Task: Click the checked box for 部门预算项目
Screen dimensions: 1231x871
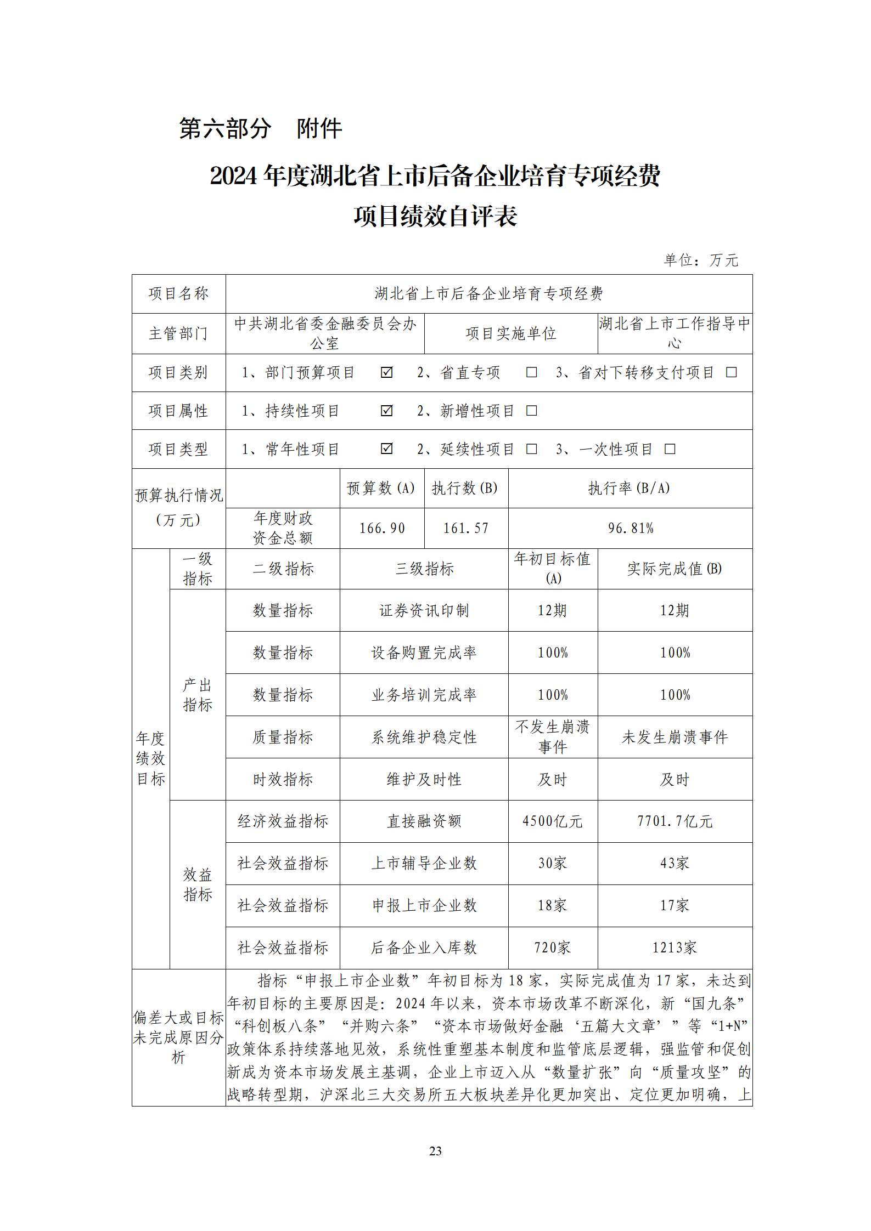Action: (x=386, y=372)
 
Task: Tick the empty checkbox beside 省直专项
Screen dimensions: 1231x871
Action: (x=531, y=372)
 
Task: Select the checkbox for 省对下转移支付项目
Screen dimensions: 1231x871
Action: (x=731, y=372)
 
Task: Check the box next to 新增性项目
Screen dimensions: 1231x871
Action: (x=531, y=411)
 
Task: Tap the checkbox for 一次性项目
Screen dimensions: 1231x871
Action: (x=670, y=449)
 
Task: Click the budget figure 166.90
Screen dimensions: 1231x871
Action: (x=382, y=528)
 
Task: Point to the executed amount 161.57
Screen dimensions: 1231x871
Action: (x=466, y=528)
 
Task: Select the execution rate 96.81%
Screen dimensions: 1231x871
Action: (x=631, y=528)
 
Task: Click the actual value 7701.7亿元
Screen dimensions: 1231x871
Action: (x=675, y=821)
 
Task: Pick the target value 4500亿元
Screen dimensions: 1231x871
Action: (x=553, y=821)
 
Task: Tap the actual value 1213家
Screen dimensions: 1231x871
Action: (x=675, y=948)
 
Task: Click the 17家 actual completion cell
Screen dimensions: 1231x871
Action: (x=675, y=905)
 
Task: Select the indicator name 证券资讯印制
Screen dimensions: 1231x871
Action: (x=424, y=610)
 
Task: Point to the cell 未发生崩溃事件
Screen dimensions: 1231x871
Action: (x=675, y=737)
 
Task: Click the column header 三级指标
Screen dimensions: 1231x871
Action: (x=424, y=569)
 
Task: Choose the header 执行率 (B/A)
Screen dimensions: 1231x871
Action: (x=630, y=488)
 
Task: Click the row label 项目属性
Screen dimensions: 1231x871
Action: (x=178, y=411)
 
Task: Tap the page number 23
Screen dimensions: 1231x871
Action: (x=435, y=1151)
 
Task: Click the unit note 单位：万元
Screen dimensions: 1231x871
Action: (x=701, y=260)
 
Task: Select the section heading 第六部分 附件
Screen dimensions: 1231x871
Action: (x=261, y=129)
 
